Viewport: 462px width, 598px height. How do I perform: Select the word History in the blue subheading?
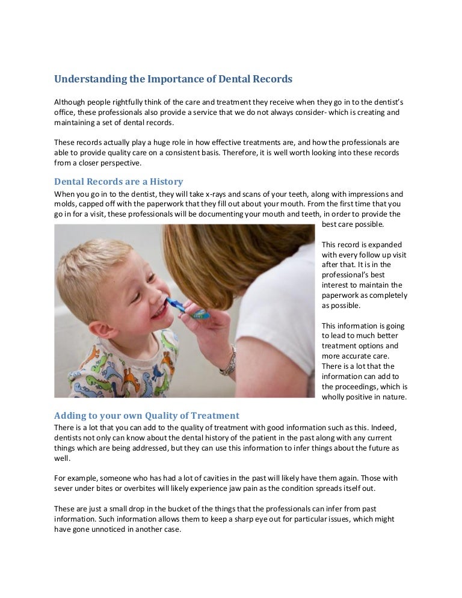[162, 181]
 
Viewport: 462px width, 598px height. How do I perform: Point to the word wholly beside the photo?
[334, 396]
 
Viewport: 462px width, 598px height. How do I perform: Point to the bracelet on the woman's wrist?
[229, 360]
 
